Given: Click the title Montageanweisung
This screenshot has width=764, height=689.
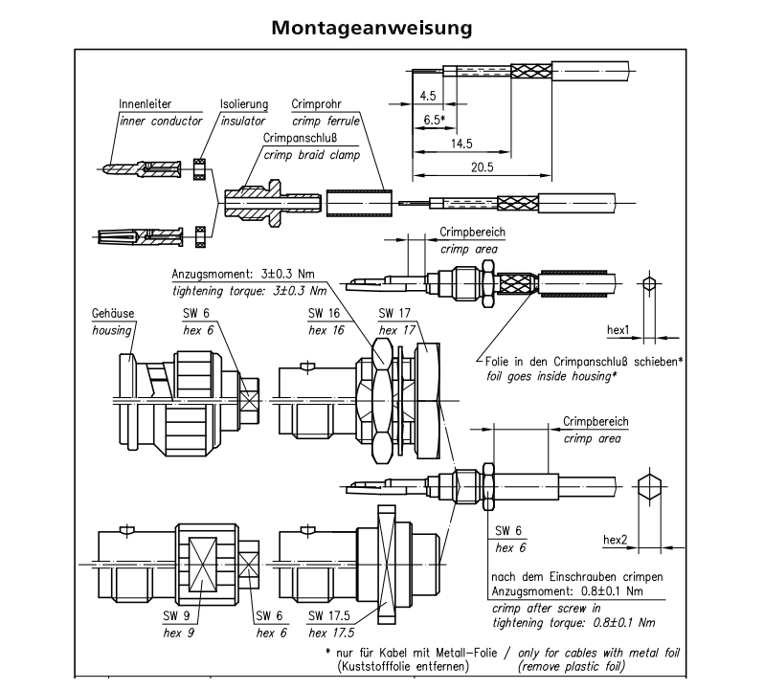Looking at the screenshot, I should pyautogui.click(x=371, y=28).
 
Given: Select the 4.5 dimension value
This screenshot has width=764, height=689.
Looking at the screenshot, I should pyautogui.click(x=428, y=96).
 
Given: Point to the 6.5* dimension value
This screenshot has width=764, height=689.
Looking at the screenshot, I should pyautogui.click(x=434, y=120).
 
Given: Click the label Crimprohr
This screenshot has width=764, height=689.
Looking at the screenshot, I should pyautogui.click(x=318, y=103).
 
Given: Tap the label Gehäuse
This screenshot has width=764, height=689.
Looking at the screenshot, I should pyautogui.click(x=112, y=313).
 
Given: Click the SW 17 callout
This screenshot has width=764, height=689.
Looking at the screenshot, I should pyautogui.click(x=395, y=313).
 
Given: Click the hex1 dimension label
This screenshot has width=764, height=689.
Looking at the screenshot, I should pyautogui.click(x=618, y=330).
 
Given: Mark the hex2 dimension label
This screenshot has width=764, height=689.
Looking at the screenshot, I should pyautogui.click(x=615, y=540).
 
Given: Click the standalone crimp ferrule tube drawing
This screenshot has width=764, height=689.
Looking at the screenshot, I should pyautogui.click(x=359, y=204).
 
